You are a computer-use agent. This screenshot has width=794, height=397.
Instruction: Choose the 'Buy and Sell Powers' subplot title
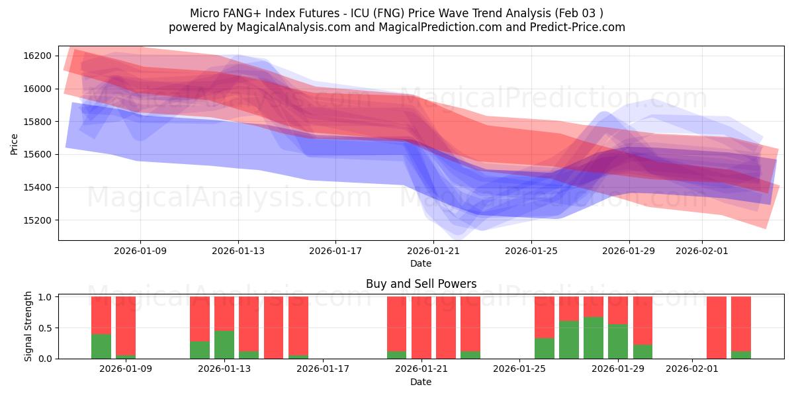(421, 284)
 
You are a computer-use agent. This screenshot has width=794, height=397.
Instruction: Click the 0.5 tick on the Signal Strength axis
(46, 328)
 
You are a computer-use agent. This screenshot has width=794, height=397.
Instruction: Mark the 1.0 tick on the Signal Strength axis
(46, 297)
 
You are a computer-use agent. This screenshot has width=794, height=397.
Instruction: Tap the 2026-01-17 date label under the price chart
(335, 251)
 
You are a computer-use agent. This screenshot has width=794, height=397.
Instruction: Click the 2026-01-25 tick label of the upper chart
(531, 251)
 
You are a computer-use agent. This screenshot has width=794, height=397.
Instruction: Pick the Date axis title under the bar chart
(421, 382)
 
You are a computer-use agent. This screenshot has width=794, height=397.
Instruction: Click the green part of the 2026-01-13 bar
(224, 344)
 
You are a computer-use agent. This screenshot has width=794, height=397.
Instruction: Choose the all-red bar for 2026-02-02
(717, 328)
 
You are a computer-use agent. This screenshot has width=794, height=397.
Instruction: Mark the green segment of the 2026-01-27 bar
(569, 339)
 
